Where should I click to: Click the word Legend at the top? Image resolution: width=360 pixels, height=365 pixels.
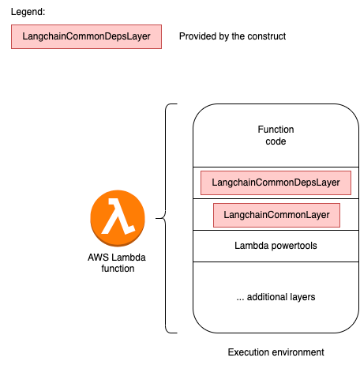tap(28, 12)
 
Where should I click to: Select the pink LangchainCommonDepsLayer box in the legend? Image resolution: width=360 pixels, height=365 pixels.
tap(86, 36)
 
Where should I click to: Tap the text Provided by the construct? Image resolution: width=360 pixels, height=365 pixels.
tap(232, 36)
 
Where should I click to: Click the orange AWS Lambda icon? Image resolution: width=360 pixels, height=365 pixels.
tap(118, 218)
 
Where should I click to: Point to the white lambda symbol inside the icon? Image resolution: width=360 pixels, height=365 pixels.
tap(118, 216)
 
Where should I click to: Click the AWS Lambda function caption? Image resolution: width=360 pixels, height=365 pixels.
tap(117, 263)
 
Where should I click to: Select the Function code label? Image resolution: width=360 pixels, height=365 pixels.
tap(276, 135)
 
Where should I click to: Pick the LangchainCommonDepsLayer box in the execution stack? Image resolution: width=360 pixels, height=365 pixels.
tap(276, 182)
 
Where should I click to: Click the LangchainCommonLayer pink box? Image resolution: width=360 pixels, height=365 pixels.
tap(276, 215)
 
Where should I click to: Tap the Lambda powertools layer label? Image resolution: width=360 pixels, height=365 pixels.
tap(276, 246)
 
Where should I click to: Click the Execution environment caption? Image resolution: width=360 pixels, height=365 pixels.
tap(276, 352)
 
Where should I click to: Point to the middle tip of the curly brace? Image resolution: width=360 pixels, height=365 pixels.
tap(156, 218)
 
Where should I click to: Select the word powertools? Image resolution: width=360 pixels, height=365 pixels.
tap(294, 246)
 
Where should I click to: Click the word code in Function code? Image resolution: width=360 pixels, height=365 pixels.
tap(276, 141)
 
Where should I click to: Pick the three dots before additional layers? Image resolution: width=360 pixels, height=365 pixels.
tap(240, 299)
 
